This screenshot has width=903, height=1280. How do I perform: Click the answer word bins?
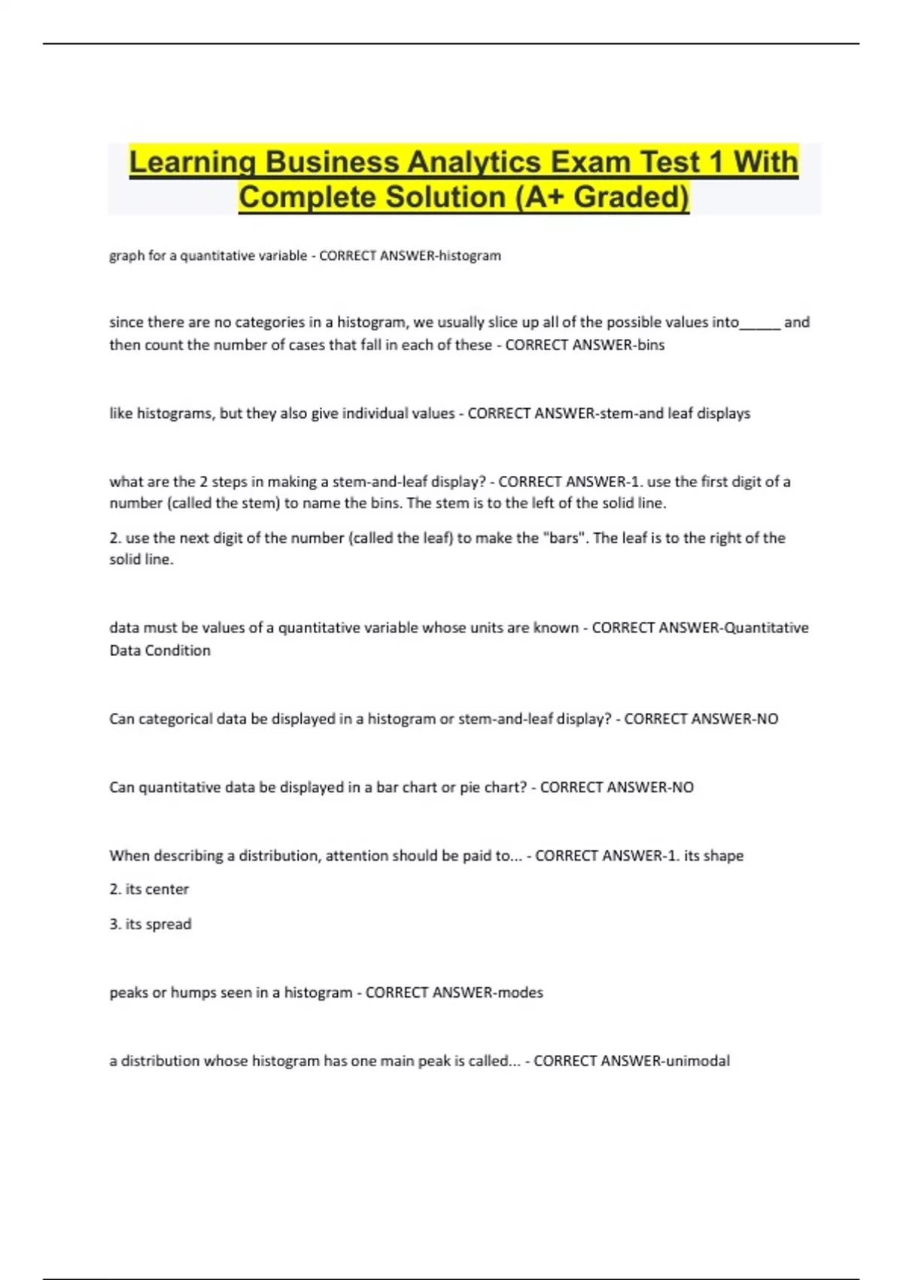tap(650, 345)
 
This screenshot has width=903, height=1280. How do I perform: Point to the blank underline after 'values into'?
tap(760, 324)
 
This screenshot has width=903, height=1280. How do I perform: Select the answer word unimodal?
tap(698, 1061)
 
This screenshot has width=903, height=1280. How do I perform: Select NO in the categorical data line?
tap(767, 719)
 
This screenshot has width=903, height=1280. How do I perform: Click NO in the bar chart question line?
tap(683, 788)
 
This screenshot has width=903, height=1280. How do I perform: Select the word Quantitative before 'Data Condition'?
tap(765, 628)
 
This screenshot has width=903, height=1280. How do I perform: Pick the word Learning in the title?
tap(191, 163)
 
